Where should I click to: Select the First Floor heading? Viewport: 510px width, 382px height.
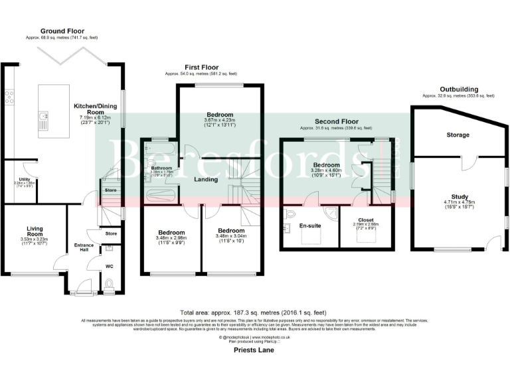pos(201,68)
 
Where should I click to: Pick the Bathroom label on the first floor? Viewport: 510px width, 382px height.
pos(161,168)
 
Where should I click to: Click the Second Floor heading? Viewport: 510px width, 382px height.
pos(335,122)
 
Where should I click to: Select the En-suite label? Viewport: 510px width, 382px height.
pos(311,225)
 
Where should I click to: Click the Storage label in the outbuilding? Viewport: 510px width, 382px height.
pos(457,135)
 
